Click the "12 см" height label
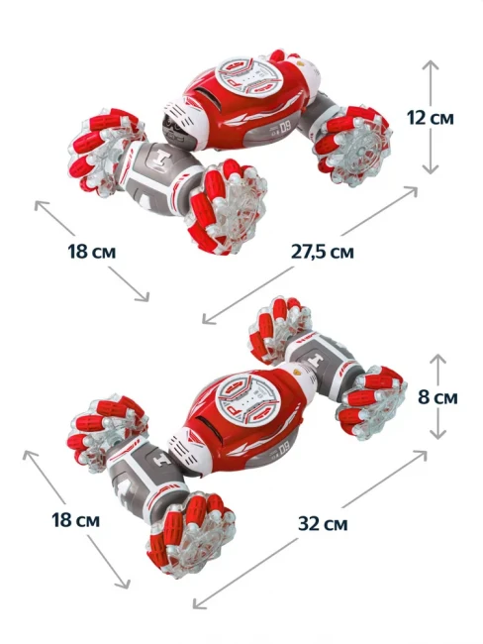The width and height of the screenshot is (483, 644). (x=431, y=118)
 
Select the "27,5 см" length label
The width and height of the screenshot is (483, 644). (x=323, y=252)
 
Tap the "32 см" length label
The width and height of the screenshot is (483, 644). (x=323, y=524)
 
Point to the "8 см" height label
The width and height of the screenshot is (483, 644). (x=437, y=397)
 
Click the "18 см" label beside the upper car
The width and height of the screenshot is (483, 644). (x=91, y=252)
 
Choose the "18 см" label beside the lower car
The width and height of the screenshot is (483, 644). (x=76, y=520)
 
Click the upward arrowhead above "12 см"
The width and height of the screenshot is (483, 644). (x=431, y=65)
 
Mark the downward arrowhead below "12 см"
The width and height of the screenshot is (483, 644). (x=431, y=168)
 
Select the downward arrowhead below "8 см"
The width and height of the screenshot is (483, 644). (x=437, y=433)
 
